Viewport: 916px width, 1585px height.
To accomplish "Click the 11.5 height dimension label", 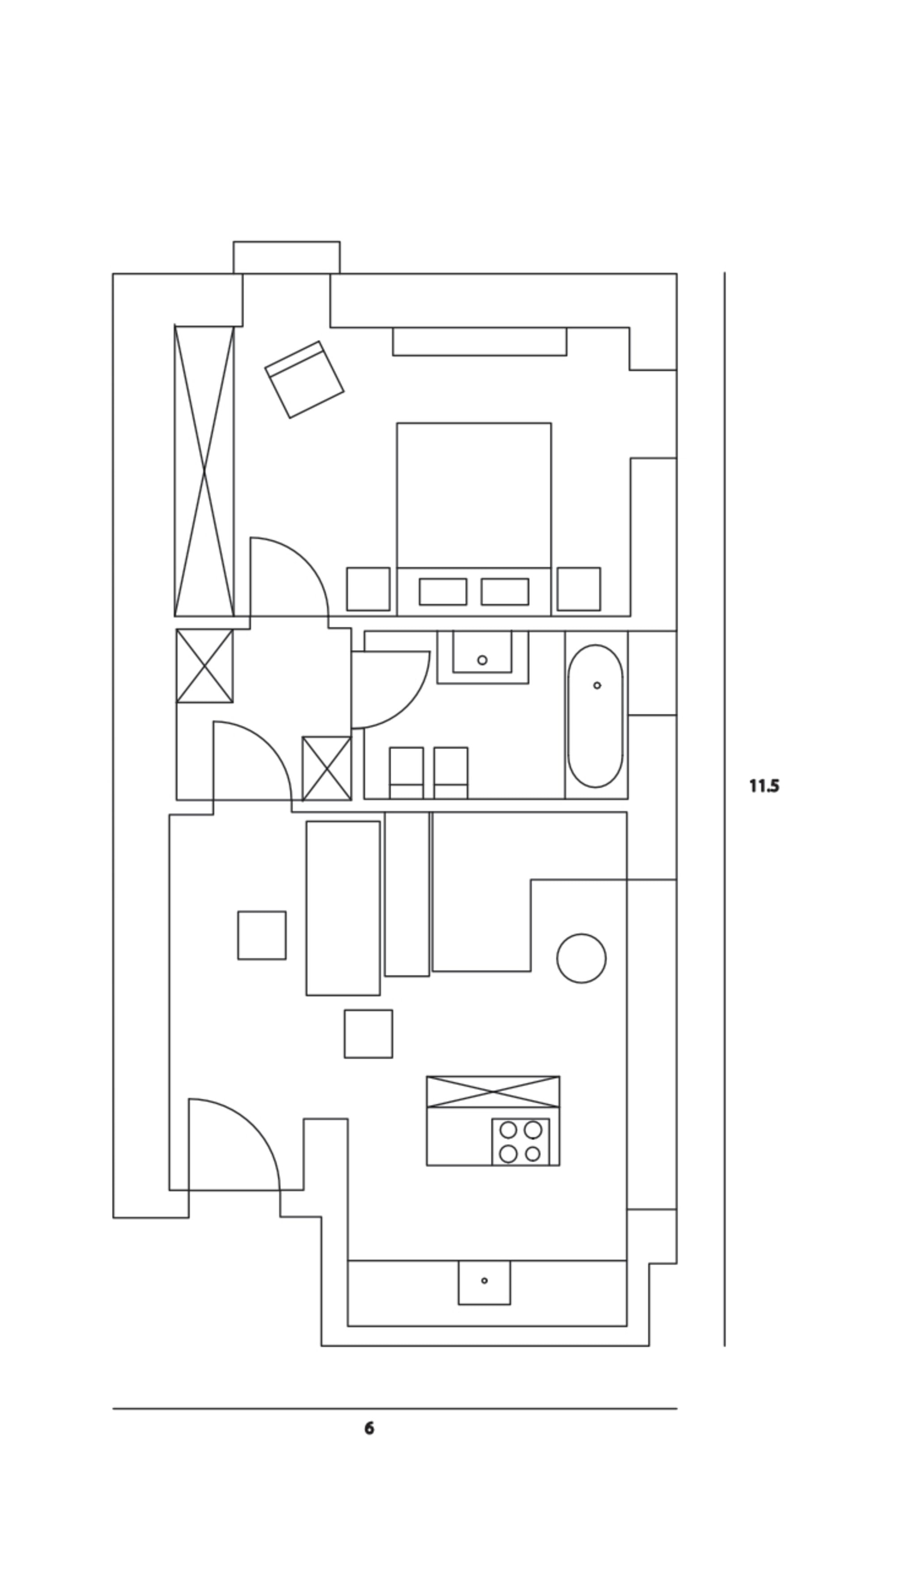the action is click(x=764, y=786).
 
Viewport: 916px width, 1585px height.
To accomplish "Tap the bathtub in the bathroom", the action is click(x=595, y=715).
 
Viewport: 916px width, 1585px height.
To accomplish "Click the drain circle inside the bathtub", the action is click(x=597, y=685).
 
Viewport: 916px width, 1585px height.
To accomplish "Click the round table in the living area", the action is click(x=581, y=958).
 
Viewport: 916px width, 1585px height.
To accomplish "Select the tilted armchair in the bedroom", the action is click(x=305, y=379).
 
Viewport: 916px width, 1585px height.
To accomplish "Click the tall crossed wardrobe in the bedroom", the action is click(x=204, y=470).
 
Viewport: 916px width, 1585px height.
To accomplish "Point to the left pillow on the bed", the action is click(x=443, y=592).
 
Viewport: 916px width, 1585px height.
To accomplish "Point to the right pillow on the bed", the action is click(x=505, y=592).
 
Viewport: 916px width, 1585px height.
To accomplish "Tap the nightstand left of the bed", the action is click(x=368, y=589).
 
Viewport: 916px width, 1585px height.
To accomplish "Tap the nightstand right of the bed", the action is click(x=579, y=589).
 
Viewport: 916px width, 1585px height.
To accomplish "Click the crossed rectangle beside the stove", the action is click(x=492, y=1091).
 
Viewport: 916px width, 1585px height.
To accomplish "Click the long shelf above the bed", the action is click(x=479, y=342).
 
